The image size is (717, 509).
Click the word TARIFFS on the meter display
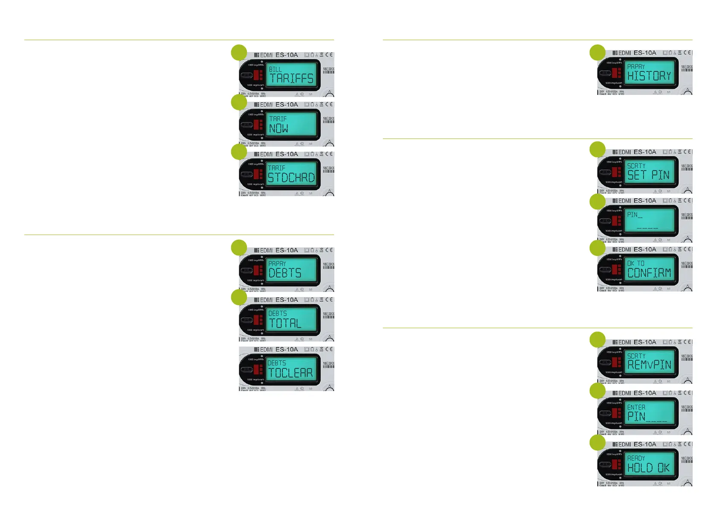pos(292,78)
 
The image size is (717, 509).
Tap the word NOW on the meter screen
pos(279,128)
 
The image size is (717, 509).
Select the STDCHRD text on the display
pos(291,177)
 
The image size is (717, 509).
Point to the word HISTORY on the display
pos(649,76)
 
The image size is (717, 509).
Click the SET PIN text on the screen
pos(648,175)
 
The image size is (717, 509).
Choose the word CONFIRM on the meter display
pos(649,273)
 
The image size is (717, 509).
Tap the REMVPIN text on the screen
pos(649,365)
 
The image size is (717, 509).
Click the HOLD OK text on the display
pos(648,468)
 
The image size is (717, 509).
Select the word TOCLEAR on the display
pos(291,373)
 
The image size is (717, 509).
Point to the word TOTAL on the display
pos(285,324)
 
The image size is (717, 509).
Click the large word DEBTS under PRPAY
pos(285,273)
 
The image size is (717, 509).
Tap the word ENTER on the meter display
pos(636,407)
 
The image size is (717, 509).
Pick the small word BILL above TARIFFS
pos(276,69)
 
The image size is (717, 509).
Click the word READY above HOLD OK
pos(636,458)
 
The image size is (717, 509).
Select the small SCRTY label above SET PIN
pos(636,166)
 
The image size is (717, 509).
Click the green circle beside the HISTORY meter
pos(597,53)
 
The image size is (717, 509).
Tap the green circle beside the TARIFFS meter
pos(239,53)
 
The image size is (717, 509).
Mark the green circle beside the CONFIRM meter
pos(597,248)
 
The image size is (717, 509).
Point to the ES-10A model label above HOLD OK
pos(645,444)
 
